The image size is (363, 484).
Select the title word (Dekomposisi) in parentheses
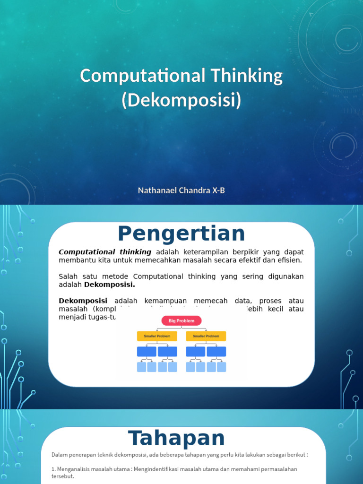(x=181, y=101)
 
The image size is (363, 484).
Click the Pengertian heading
(x=181, y=234)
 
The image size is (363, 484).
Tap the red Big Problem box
(x=181, y=321)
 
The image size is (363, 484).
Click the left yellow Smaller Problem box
(x=157, y=336)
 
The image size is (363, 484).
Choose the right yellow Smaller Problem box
(x=206, y=336)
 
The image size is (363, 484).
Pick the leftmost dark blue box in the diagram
(x=147, y=352)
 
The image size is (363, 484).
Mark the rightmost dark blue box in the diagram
(x=216, y=352)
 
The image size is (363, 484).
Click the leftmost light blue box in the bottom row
(x=141, y=367)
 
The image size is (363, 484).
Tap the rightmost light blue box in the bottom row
(x=222, y=367)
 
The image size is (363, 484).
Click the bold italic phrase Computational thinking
(x=105, y=252)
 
